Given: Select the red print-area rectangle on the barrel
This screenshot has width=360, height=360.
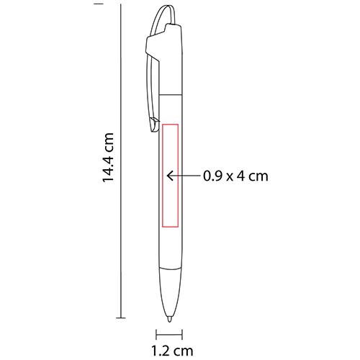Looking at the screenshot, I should coord(171,174).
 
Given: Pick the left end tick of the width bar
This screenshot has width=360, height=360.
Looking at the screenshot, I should coord(156,333).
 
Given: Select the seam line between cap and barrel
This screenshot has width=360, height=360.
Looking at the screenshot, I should coord(171,93).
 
